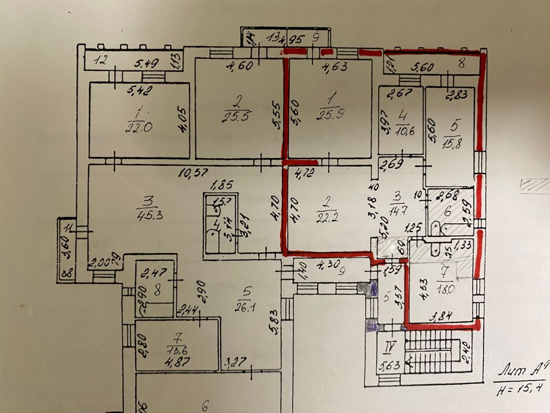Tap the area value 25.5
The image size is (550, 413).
click(237, 115)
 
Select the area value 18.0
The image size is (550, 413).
click(444, 289)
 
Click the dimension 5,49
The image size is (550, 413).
click(146, 63)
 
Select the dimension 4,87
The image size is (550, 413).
click(174, 362)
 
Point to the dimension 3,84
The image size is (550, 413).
click(443, 317)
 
